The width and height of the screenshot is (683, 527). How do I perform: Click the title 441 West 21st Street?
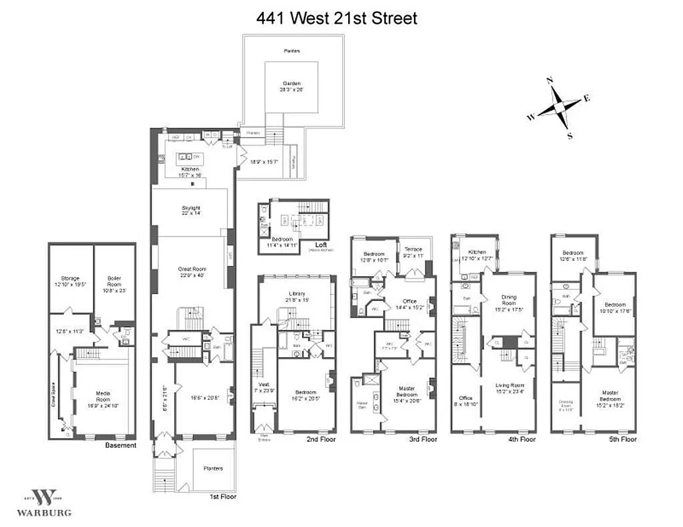336,18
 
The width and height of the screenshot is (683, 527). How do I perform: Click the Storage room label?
70,282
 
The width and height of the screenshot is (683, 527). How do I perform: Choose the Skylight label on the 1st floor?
191,210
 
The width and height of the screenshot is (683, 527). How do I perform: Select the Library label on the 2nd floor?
298,296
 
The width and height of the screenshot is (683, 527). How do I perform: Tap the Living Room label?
508,389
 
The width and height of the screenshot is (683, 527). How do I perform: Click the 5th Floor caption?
623,439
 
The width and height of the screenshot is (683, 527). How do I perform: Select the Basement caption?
121,445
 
